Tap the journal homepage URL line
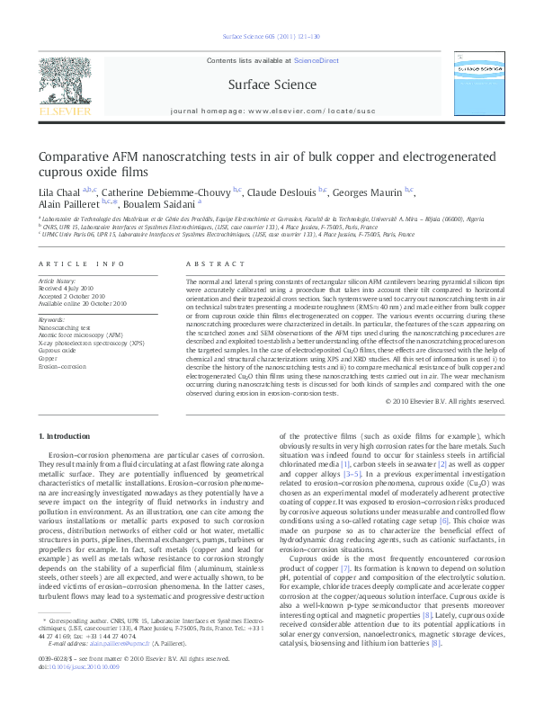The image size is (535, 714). (x=267, y=115)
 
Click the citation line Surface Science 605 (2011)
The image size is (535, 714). (x=267, y=37)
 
